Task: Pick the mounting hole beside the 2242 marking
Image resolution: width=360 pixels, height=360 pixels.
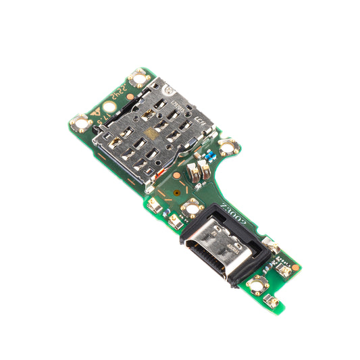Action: pyautogui.click(x=140, y=79)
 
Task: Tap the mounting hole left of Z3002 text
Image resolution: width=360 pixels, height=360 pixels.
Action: pyautogui.click(x=192, y=205)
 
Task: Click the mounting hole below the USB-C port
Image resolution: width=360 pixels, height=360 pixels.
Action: pyautogui.click(x=257, y=284)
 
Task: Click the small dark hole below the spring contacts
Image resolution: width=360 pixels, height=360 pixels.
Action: pyautogui.click(x=177, y=191)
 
